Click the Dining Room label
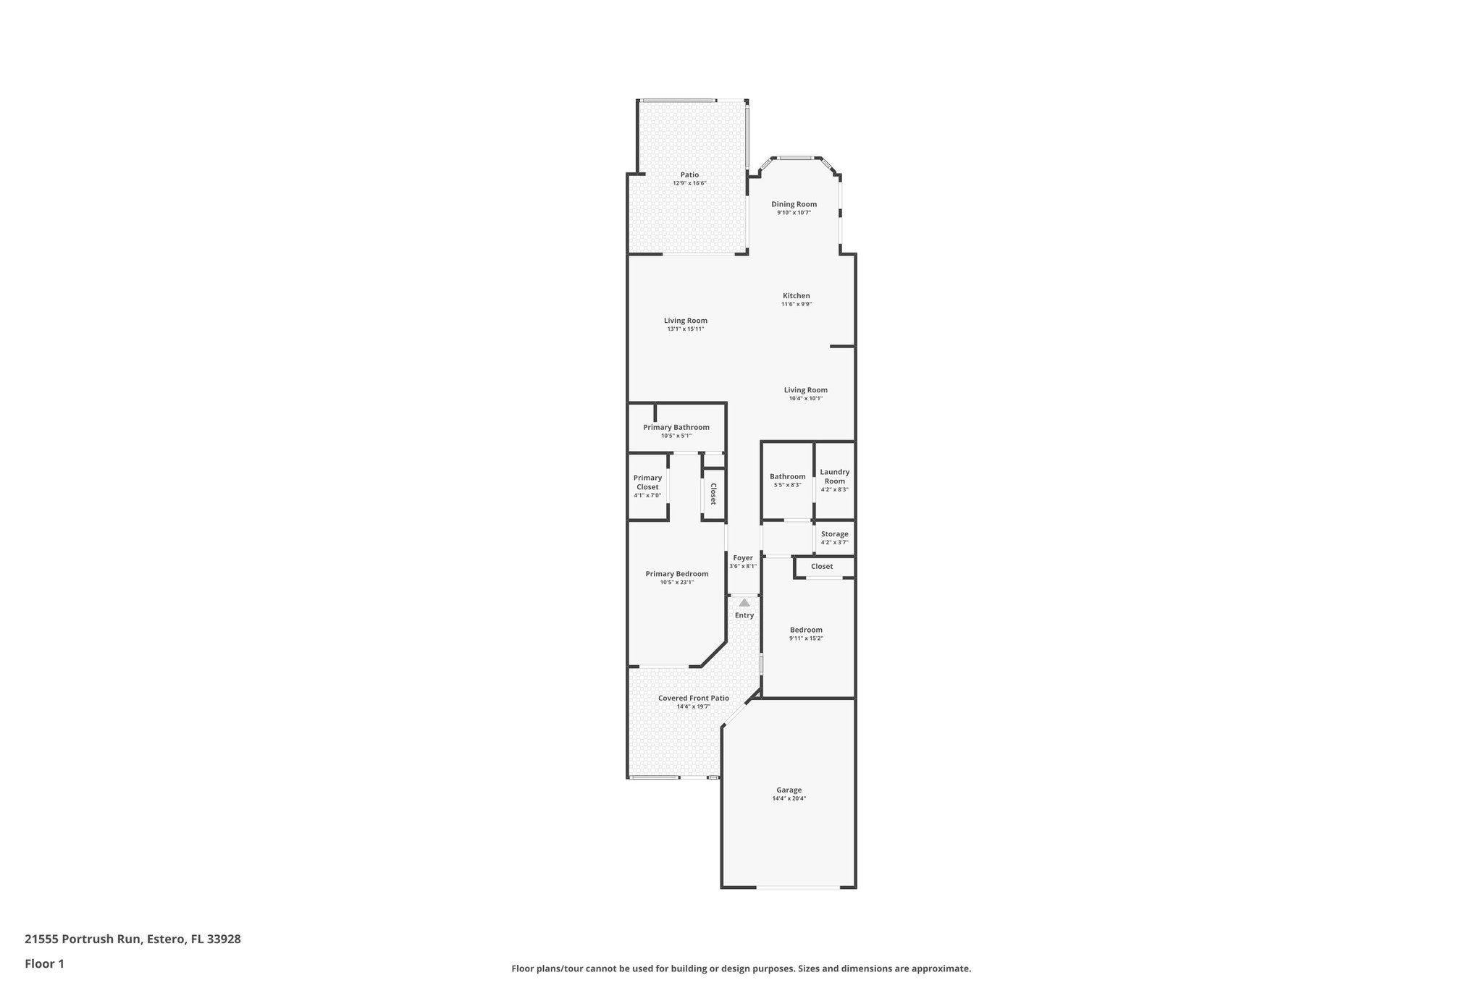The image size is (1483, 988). tap(794, 204)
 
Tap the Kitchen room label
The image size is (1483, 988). tap(796, 295)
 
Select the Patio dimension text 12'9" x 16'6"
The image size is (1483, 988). tap(689, 183)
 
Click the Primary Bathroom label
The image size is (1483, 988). tap(676, 427)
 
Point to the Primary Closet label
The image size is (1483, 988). tap(647, 482)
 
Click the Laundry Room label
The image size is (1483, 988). tap(834, 476)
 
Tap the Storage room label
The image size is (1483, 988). tap(834, 534)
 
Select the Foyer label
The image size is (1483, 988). tap(743, 557)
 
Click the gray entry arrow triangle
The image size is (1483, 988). tap(744, 602)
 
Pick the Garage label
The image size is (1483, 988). tap(789, 790)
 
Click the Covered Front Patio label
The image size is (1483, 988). tap(693, 698)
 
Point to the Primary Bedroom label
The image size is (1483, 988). tap(677, 574)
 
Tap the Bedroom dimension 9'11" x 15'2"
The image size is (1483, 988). tap(806, 638)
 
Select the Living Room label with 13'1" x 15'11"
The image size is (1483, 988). tap(685, 321)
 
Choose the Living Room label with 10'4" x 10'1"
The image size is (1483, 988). tap(805, 390)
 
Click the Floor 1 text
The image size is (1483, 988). tap(44, 963)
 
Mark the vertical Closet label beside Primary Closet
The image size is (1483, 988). tap(713, 494)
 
